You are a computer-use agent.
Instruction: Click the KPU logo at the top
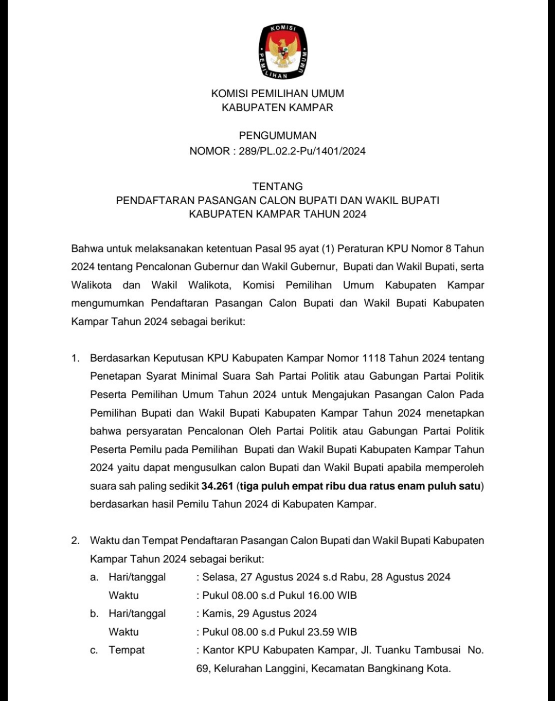point(282,51)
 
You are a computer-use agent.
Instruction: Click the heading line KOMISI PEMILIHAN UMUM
point(277,94)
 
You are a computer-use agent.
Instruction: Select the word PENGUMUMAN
point(277,136)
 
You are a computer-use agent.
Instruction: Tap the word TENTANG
point(277,186)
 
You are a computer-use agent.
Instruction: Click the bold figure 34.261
point(218,486)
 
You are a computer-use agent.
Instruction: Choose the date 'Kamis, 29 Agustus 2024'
point(259,614)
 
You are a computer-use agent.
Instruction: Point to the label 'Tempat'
point(127,650)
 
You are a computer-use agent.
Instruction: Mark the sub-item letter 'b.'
point(94,614)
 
